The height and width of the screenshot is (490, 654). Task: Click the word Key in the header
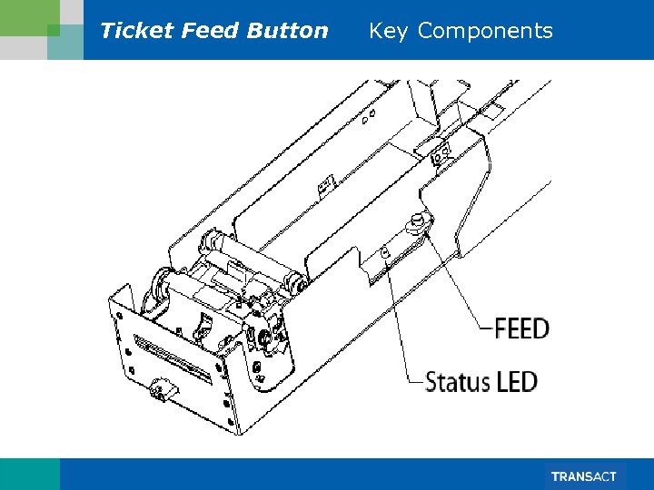(388, 31)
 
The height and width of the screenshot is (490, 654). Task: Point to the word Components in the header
(485, 31)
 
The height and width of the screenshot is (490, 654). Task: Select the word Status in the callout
(458, 382)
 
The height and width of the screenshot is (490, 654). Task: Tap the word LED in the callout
(517, 382)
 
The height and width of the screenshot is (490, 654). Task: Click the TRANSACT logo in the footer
(583, 476)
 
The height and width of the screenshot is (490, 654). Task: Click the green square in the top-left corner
(53, 30)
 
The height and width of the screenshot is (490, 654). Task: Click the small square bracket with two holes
(441, 152)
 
